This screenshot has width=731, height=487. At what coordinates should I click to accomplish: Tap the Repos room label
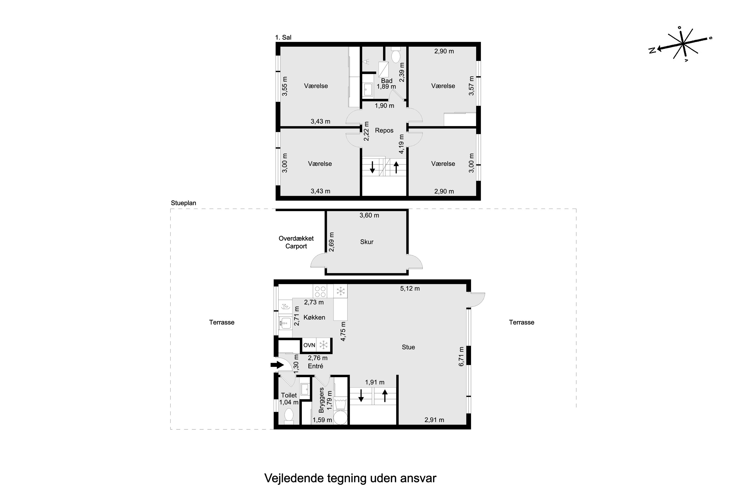point(384,131)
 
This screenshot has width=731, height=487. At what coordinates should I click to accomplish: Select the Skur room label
point(367,242)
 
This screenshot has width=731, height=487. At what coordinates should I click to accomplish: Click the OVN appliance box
point(309,345)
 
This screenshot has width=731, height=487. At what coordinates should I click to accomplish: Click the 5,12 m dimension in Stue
point(410,289)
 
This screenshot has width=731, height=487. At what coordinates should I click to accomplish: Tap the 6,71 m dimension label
point(461,356)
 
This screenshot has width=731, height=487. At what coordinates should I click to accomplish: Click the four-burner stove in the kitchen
point(320,291)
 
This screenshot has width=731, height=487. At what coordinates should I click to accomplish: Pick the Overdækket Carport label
point(296,242)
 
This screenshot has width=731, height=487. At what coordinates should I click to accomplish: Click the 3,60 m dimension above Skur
point(369,215)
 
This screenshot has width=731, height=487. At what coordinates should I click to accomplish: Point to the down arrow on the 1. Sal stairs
point(372,167)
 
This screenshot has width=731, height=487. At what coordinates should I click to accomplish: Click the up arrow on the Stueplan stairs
point(385,396)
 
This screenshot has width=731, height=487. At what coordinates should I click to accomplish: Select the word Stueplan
point(183,203)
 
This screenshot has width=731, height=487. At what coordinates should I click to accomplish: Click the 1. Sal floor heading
point(283,37)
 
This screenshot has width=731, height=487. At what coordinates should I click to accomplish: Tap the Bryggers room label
point(321,400)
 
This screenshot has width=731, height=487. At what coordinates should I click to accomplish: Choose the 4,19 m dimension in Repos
point(401,144)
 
